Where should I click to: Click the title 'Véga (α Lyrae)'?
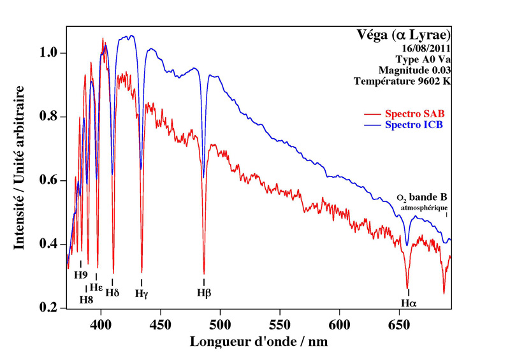tap(404, 34)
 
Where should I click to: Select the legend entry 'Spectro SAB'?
tap(414, 113)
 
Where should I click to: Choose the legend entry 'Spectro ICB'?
tap(414, 124)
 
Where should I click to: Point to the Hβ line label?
tap(204, 293)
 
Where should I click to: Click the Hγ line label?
tap(142, 294)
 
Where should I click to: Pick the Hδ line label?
tap(113, 293)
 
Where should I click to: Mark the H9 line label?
tap(80, 275)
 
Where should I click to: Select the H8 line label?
tap(86, 299)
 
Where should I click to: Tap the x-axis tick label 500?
tap(220, 324)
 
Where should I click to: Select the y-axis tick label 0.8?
tap(48, 117)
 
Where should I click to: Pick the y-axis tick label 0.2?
tap(48, 308)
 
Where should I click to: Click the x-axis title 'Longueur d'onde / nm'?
tap(258, 342)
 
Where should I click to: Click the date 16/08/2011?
tap(425, 48)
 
